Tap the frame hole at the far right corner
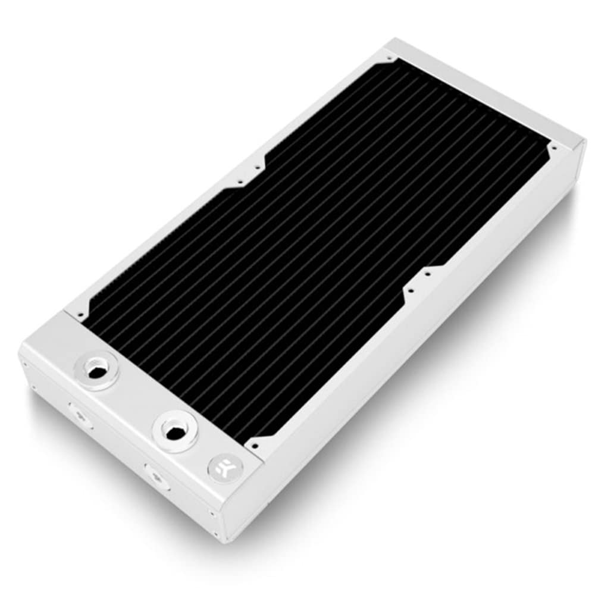[x=554, y=146]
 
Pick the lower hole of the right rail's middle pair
[x=408, y=291]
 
